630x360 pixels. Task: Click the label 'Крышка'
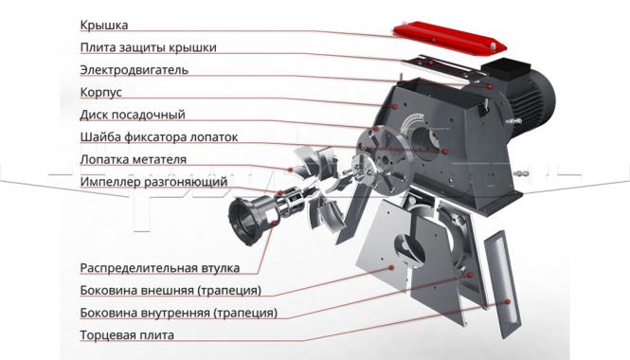(x=103, y=25)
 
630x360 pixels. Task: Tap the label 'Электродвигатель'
(x=135, y=70)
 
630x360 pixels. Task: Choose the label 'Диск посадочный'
(x=132, y=115)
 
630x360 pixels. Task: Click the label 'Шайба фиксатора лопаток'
(x=159, y=137)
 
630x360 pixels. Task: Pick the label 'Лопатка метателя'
(x=134, y=159)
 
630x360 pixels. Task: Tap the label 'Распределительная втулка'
(x=160, y=267)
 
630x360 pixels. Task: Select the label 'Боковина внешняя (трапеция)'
(x=171, y=290)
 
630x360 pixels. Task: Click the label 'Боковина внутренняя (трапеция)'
(x=179, y=313)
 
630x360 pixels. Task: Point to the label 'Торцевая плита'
(x=127, y=334)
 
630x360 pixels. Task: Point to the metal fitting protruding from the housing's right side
(x=521, y=176)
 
